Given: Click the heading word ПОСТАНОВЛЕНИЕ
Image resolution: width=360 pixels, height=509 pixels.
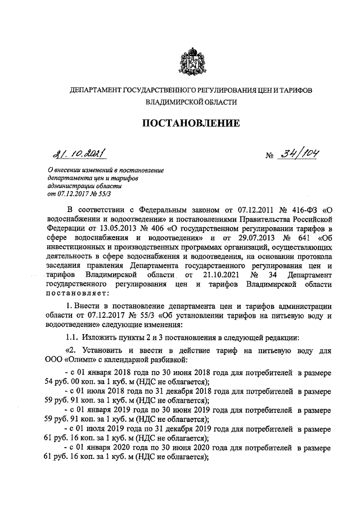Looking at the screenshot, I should [190, 123].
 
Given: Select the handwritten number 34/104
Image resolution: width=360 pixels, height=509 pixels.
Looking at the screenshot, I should [296, 154].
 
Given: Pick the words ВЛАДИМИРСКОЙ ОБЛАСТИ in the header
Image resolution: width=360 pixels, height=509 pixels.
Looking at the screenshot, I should [191, 102].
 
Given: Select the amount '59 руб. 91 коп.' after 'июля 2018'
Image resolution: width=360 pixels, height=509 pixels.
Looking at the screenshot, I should [75, 400].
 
